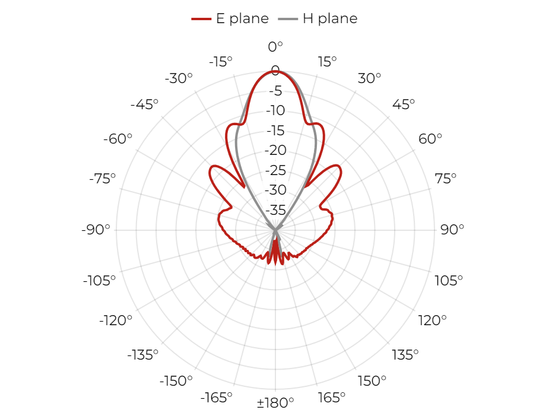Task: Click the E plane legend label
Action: tap(242, 18)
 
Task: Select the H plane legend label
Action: tap(330, 18)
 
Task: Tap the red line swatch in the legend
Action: tap(201, 18)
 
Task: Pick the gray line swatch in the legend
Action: tap(288, 18)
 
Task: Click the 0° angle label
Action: tap(275, 46)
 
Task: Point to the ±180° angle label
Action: tap(275, 402)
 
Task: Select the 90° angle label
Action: tap(452, 230)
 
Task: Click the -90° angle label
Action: tap(96, 230)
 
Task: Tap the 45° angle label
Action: tap(404, 104)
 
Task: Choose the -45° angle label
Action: tap(144, 104)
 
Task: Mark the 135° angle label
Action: tap(405, 355)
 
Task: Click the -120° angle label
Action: tap(116, 320)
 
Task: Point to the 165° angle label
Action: tap(331, 398)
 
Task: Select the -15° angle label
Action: tap(221, 62)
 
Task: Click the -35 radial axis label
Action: tap(275, 210)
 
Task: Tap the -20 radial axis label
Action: tap(275, 150)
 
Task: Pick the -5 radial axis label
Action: tap(275, 91)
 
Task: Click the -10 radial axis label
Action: tap(275, 110)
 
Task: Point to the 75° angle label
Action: tap(445, 179)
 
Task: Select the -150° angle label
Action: tap(176, 380)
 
